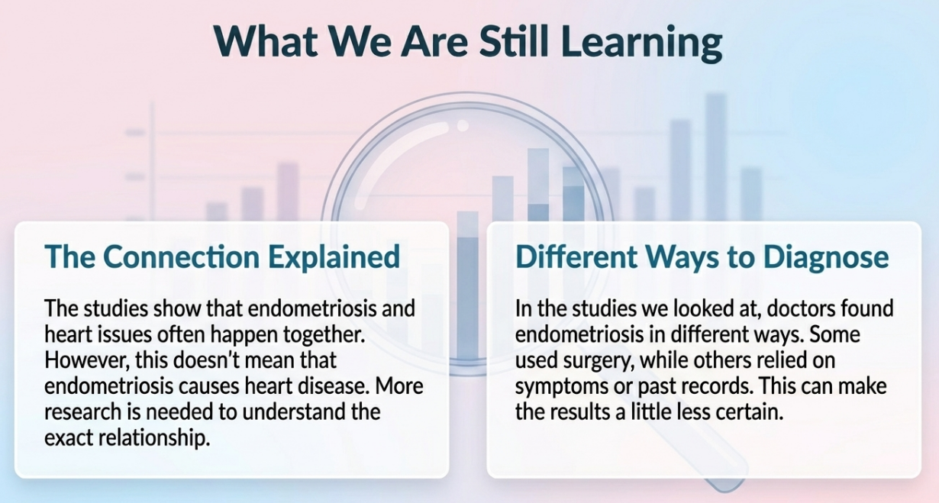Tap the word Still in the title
tap(515, 41)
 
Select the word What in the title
tap(266, 41)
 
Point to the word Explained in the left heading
tap(334, 258)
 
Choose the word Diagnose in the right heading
tap(826, 258)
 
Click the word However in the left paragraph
tap(84, 361)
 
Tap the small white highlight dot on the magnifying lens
tap(463, 125)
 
